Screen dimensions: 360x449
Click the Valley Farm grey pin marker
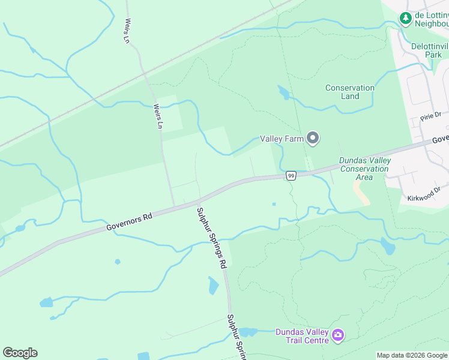click(312, 139)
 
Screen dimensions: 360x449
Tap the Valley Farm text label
click(280, 139)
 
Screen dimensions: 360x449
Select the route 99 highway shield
click(291, 176)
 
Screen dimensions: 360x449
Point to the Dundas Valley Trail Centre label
click(302, 336)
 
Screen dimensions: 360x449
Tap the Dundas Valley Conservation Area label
click(364, 169)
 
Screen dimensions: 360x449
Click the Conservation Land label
click(350, 92)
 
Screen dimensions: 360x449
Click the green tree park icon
click(406, 19)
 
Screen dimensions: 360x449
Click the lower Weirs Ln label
click(158, 116)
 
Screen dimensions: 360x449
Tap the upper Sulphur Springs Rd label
click(213, 238)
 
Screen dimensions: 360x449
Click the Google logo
click(20, 353)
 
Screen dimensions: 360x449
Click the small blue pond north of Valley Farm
click(283, 92)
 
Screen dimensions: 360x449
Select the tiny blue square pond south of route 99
click(274, 204)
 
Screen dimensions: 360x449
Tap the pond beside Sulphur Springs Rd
click(213, 286)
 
